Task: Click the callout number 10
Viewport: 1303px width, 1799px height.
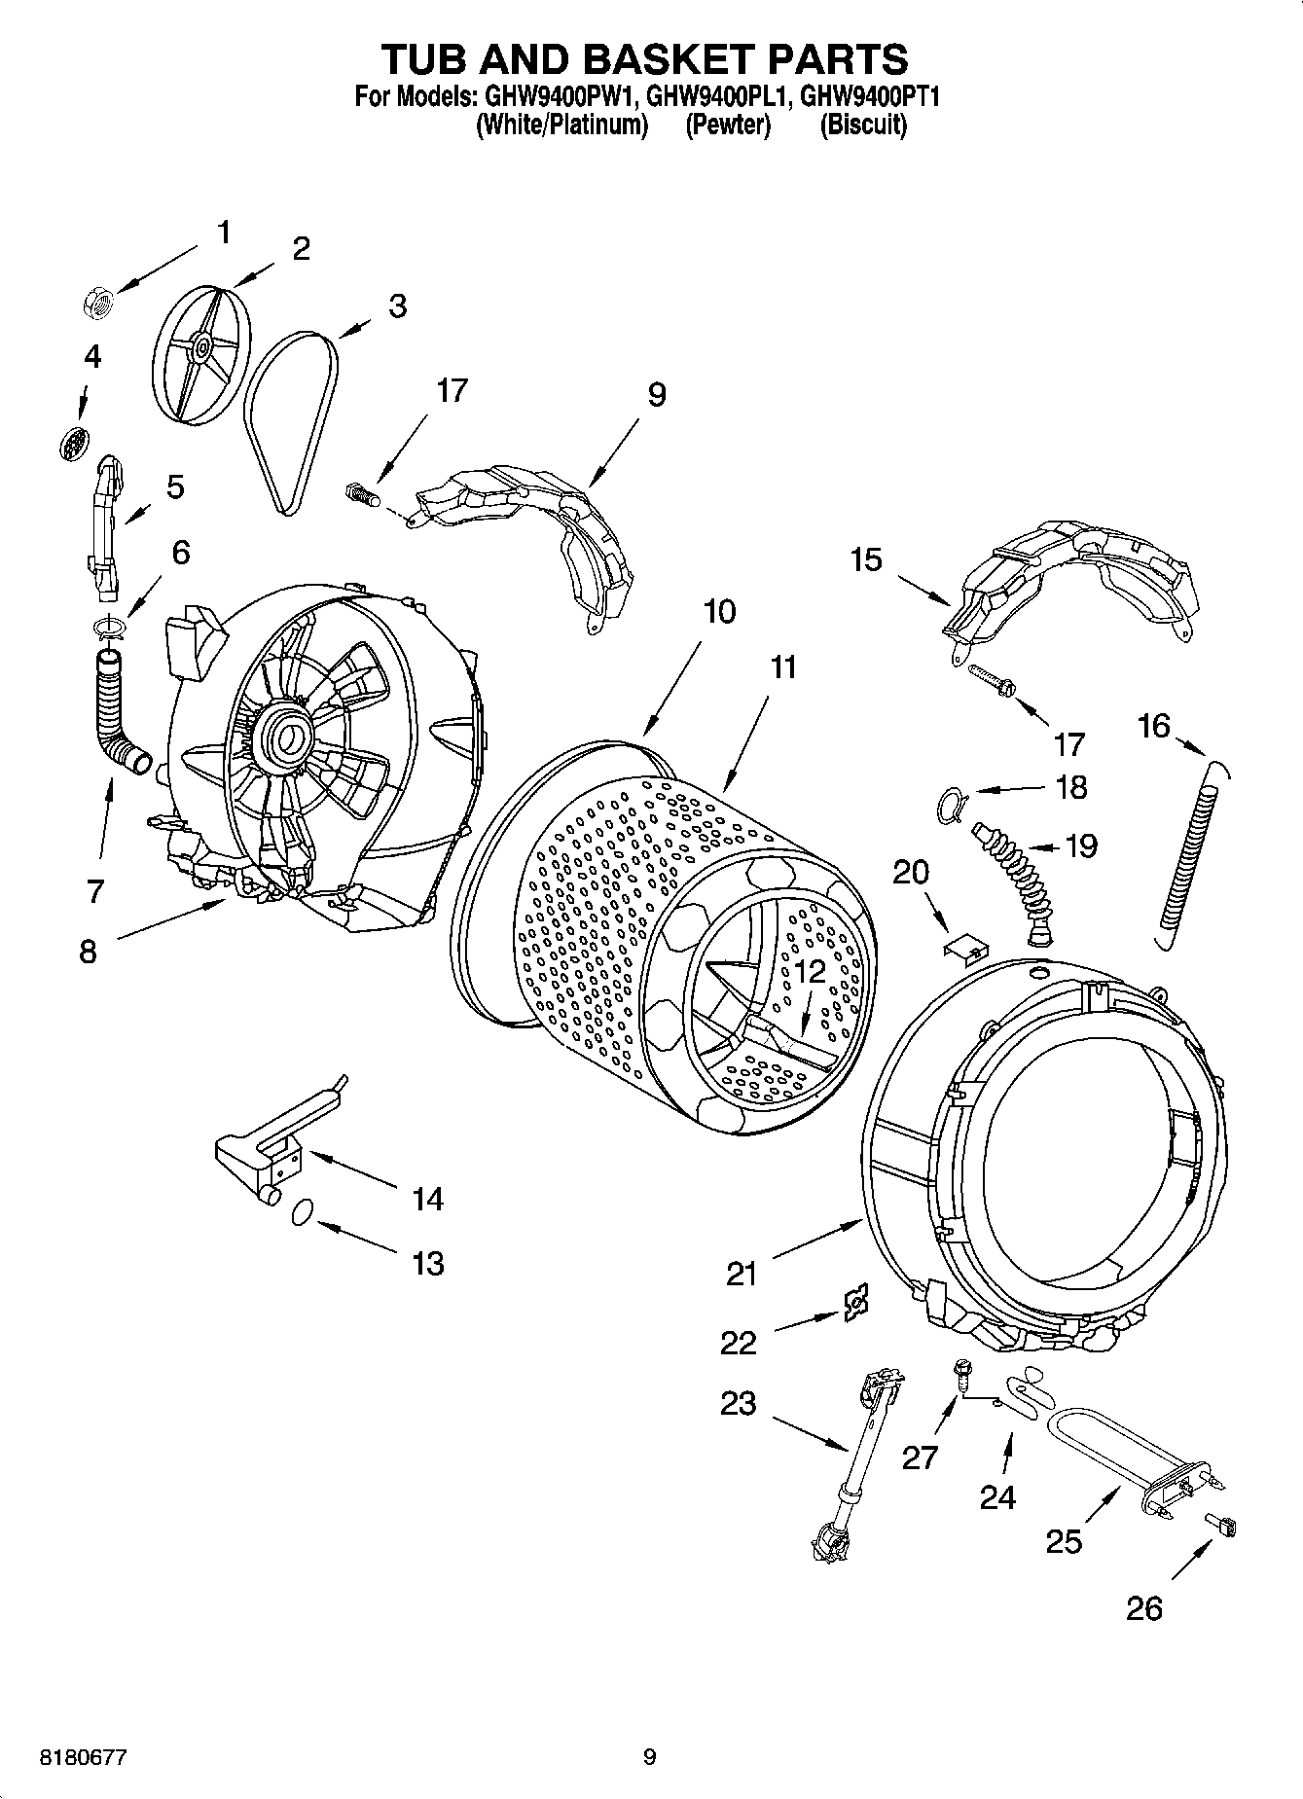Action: coord(719,612)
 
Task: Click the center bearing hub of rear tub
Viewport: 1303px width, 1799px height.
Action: coord(286,738)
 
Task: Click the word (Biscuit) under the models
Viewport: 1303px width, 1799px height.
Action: coord(863,126)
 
